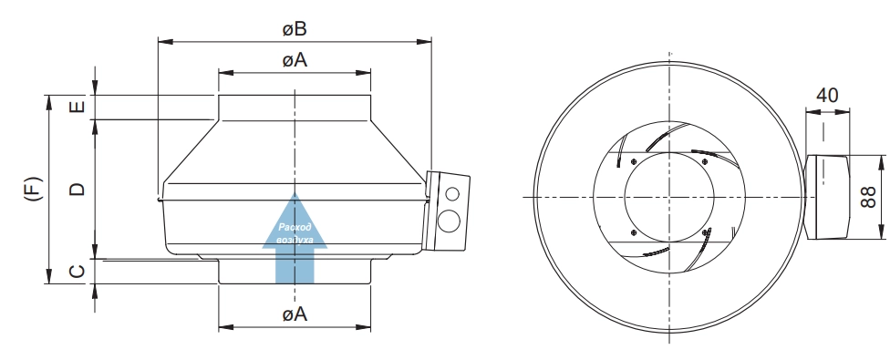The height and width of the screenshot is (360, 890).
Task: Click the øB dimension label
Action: click(295, 29)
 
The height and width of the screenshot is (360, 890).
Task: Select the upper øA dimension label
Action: click(295, 59)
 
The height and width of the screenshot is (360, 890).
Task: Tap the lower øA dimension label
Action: click(295, 314)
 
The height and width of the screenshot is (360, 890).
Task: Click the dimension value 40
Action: click(827, 95)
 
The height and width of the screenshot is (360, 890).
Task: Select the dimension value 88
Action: click(869, 197)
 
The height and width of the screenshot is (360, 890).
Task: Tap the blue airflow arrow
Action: click(295, 238)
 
